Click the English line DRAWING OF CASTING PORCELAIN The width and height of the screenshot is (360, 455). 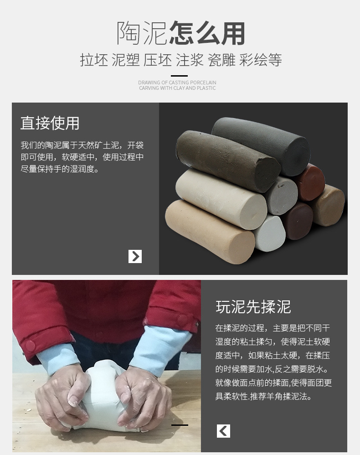[x=177, y=83]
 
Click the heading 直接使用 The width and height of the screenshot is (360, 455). [x=50, y=123]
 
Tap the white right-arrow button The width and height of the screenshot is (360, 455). [x=135, y=256]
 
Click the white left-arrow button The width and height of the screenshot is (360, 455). [x=223, y=430]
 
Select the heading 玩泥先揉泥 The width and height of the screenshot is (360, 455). [x=253, y=307]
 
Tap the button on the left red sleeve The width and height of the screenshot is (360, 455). [x=31, y=345]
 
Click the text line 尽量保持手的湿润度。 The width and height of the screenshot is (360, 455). [x=60, y=169]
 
